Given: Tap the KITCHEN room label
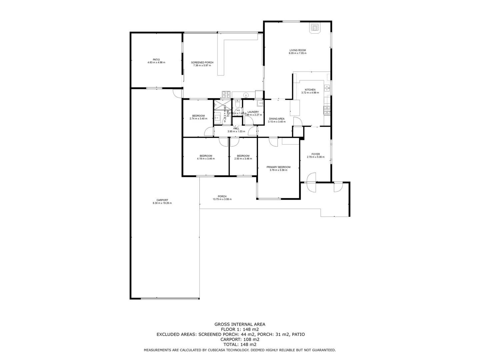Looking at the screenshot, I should pos(310,90).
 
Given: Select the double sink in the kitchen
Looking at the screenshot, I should pos(327,88).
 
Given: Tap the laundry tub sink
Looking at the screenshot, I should pos(259,103).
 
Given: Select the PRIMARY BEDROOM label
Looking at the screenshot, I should pos(278,167).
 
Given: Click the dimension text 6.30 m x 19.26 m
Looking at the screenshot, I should pos(162,203).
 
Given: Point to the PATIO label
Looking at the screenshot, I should pos(156,60).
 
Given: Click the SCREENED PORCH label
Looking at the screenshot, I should pos(202,62).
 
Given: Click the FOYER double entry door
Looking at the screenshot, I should pos(311,182).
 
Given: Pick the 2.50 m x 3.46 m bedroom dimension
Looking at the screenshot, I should pos(243,159).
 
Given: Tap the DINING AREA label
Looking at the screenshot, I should pos(277,119).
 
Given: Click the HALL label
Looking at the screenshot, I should pos(236,128).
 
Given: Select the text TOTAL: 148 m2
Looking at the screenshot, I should pos(240,344).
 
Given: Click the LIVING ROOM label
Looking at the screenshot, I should pos(297,50).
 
